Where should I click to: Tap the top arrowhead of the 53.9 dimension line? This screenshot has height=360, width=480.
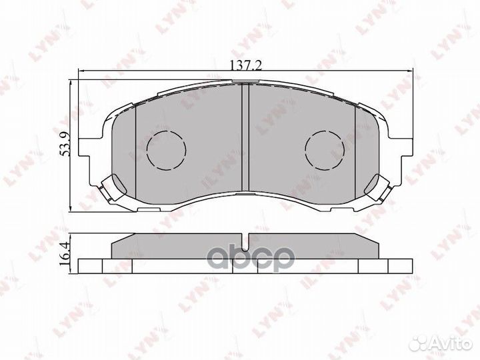click(73, 84)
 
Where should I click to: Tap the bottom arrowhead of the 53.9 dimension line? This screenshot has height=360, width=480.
click(73, 208)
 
